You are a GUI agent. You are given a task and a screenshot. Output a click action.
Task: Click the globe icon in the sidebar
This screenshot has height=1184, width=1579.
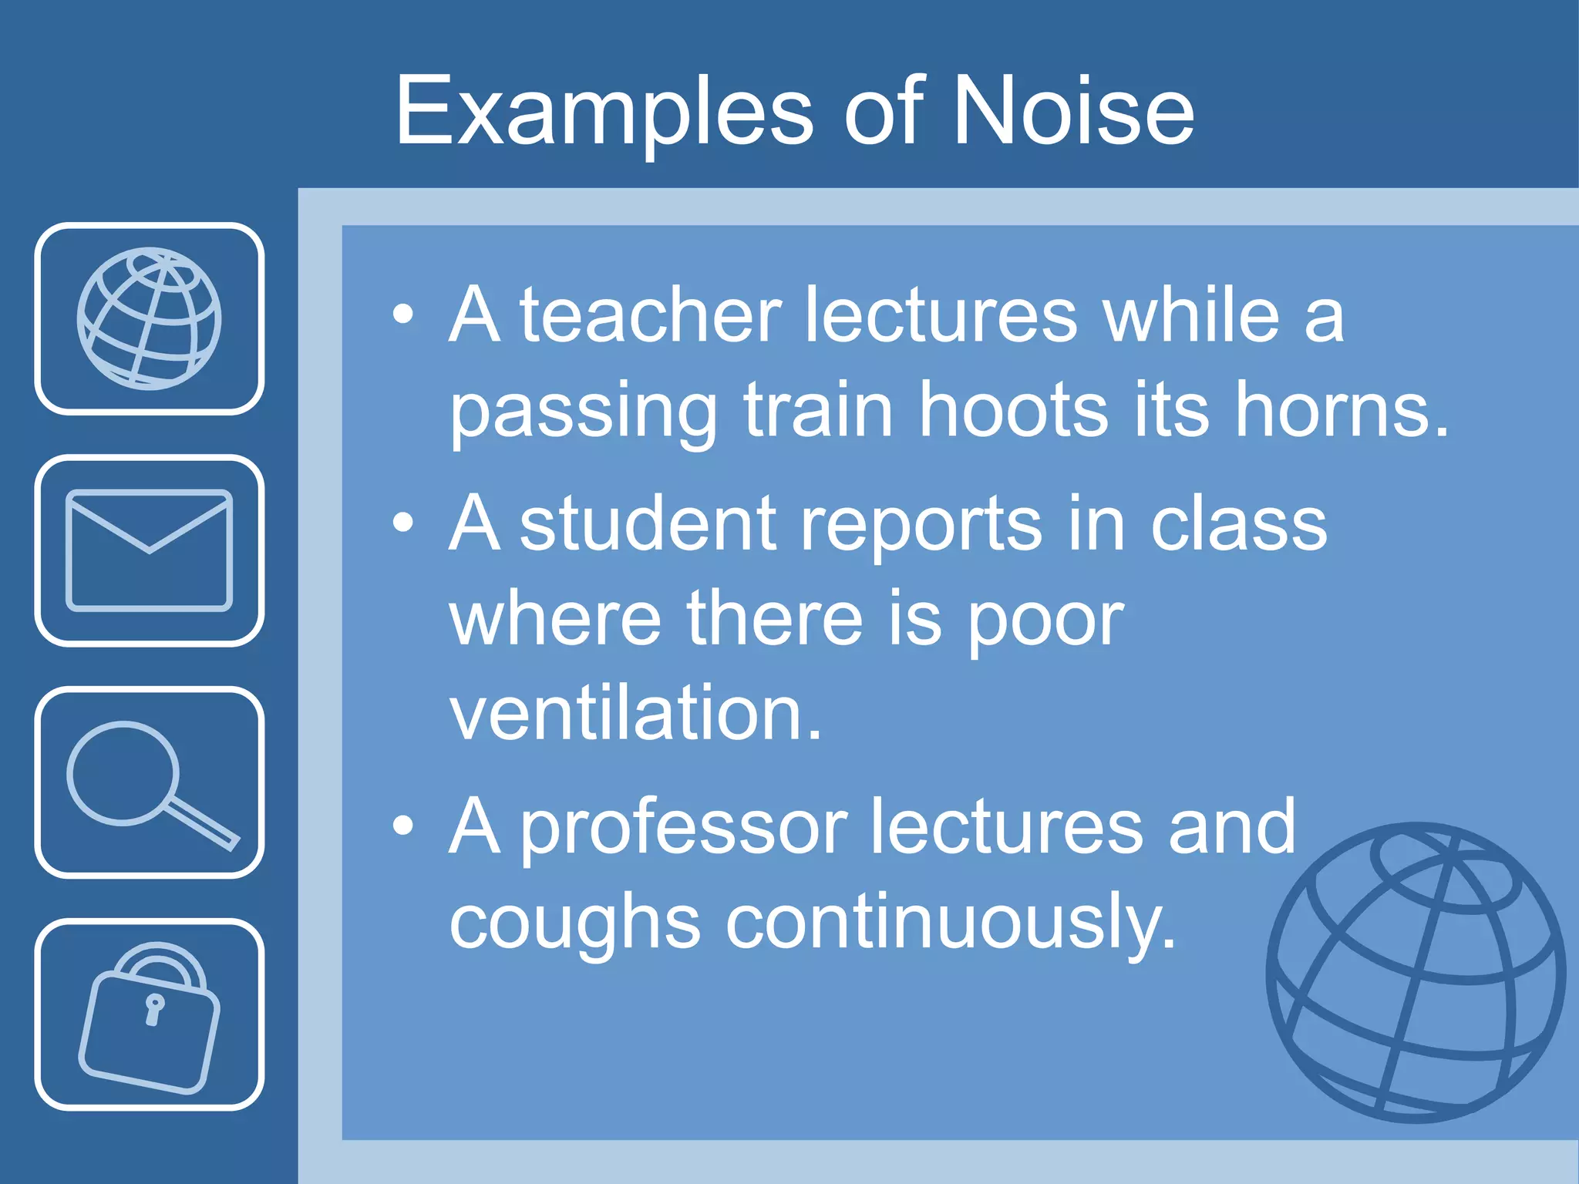coord(149,318)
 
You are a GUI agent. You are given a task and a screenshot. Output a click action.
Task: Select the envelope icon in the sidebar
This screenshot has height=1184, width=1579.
coord(149,550)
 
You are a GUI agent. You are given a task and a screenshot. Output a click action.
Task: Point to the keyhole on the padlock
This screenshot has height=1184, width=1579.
coord(154,1008)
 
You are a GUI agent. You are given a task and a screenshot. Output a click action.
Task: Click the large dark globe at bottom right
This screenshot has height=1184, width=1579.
coord(1416,973)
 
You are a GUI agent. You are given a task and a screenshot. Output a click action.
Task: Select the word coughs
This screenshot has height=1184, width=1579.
coord(574,923)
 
